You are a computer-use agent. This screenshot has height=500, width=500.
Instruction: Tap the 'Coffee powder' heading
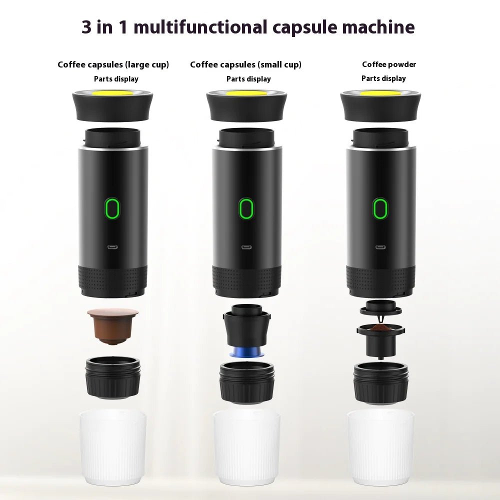(x=389, y=64)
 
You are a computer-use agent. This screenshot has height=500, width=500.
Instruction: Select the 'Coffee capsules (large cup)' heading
(x=113, y=64)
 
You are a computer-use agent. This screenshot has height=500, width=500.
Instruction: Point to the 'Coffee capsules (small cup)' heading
(x=245, y=64)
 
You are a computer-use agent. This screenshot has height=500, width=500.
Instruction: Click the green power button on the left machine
(x=112, y=209)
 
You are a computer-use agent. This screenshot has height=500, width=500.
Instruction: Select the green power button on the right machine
(x=380, y=209)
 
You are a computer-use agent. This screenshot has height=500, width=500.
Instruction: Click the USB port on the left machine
(x=112, y=246)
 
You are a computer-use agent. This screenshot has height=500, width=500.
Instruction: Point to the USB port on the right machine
(x=380, y=246)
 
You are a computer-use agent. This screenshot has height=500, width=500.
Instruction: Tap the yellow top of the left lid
(x=112, y=93)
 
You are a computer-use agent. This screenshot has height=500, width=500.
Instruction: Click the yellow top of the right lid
(x=380, y=93)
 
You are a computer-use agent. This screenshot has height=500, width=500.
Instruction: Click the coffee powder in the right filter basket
(x=380, y=328)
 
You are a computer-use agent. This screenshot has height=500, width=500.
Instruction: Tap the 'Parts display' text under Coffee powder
(x=383, y=78)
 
